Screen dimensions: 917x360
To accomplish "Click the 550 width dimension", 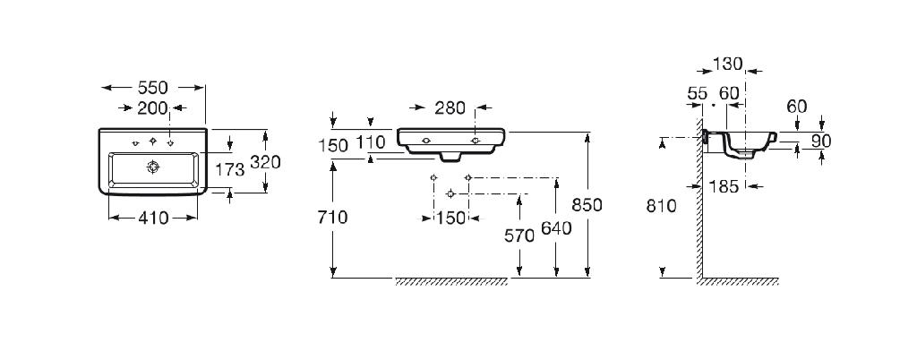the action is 152,88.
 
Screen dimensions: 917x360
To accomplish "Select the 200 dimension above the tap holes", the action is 152,107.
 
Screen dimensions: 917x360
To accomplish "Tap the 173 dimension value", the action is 229,170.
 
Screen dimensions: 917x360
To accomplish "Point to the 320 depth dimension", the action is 265,162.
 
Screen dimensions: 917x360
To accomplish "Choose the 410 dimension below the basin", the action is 153,218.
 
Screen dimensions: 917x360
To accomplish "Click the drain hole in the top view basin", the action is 153,167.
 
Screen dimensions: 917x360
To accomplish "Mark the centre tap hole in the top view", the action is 153,141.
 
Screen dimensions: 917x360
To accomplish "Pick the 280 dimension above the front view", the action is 450,108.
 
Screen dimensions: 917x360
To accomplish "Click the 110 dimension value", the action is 372,142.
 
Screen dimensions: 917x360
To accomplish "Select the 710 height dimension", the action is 332,218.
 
